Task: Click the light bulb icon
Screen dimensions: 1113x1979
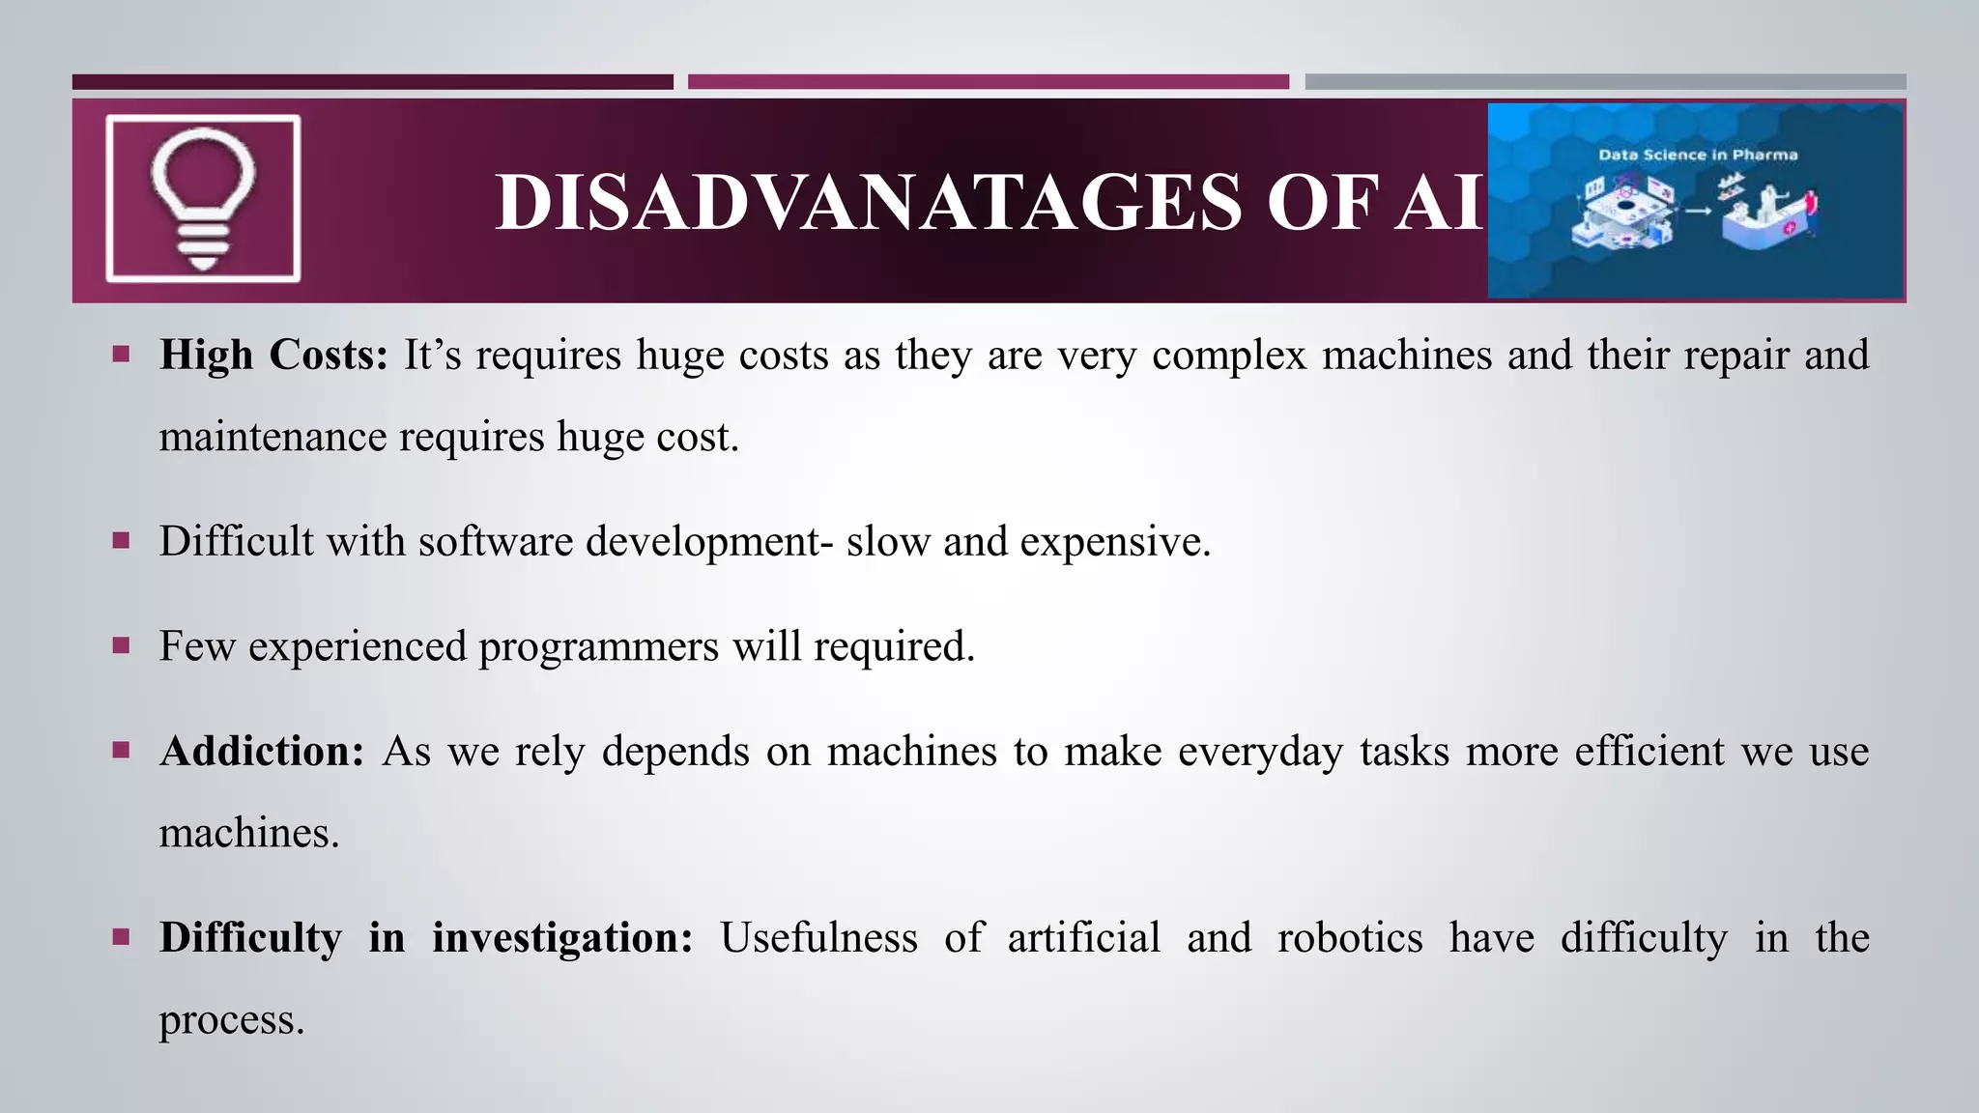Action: click(x=203, y=198)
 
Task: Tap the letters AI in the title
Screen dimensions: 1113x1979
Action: click(x=1438, y=203)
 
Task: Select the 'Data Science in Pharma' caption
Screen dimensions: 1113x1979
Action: click(x=1698, y=155)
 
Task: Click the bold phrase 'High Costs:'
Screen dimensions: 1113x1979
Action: click(x=273, y=355)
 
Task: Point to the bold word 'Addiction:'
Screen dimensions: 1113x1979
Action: click(x=262, y=751)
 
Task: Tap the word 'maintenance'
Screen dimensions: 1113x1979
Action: click(x=272, y=437)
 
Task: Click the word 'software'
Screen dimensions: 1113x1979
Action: click(x=496, y=541)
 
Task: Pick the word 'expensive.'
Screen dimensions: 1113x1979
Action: click(x=1115, y=541)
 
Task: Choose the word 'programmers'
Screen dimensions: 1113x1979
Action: click(x=598, y=646)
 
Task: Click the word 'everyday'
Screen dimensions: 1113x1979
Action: click(x=1261, y=752)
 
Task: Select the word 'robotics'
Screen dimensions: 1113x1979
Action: click(x=1350, y=937)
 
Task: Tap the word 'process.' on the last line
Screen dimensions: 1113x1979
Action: click(x=232, y=1020)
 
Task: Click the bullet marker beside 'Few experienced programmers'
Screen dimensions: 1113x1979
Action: click(x=121, y=645)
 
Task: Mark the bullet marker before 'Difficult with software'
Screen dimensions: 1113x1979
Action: click(x=121, y=540)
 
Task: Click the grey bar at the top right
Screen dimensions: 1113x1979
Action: click(x=1605, y=82)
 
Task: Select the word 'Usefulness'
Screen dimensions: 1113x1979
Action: click(x=818, y=937)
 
